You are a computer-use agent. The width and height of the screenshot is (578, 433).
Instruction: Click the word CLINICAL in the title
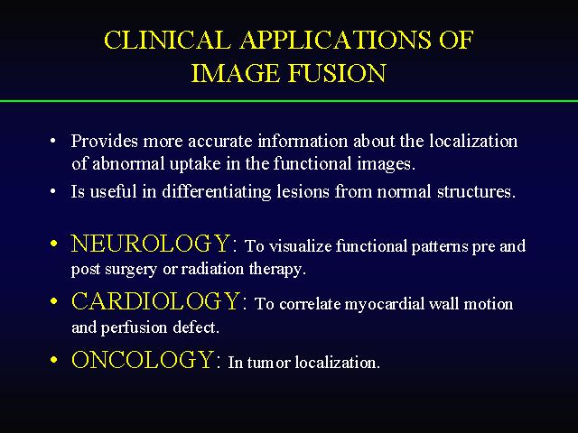167,40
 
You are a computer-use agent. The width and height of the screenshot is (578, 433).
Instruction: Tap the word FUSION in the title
337,73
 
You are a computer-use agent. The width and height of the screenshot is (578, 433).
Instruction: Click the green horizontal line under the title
289,100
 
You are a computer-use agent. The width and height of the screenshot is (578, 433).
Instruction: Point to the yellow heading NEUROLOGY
151,244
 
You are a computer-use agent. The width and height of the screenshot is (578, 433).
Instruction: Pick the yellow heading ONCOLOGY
143,359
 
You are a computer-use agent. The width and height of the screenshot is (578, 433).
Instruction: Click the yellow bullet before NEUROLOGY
54,244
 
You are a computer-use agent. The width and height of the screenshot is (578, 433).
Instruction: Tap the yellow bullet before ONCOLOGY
54,360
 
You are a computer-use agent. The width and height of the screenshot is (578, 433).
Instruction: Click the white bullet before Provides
53,141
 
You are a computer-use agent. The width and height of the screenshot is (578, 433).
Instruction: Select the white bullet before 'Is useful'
53,191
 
